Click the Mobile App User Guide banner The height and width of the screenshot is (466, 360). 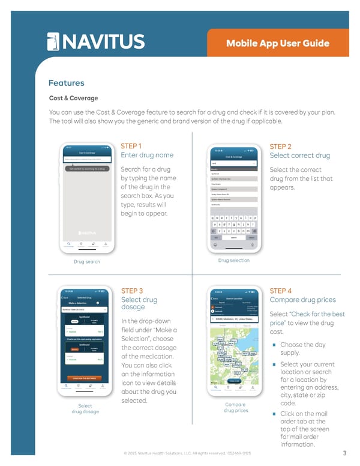click(x=278, y=43)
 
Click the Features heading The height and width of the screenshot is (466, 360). click(x=66, y=83)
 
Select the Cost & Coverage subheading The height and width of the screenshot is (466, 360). click(x=73, y=98)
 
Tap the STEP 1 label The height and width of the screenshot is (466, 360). click(x=131, y=146)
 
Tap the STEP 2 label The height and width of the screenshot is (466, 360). click(x=281, y=146)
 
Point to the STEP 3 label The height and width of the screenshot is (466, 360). click(x=132, y=290)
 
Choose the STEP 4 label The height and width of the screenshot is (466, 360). click(x=281, y=290)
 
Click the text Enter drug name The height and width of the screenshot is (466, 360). click(x=147, y=155)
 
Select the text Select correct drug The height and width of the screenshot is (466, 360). click(x=300, y=156)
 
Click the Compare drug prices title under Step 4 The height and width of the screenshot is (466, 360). click(x=303, y=300)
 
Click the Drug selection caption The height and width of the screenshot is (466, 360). click(x=234, y=260)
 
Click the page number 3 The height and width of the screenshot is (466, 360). click(x=344, y=453)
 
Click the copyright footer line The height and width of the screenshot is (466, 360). click(x=187, y=453)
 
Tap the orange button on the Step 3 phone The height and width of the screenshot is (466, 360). click(x=85, y=378)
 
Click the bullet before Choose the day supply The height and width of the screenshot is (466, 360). click(x=274, y=345)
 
